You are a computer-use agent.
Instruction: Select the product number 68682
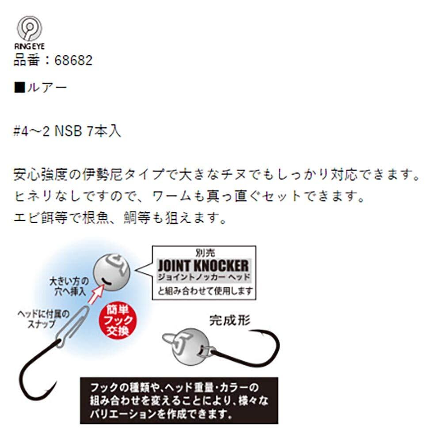[74, 61]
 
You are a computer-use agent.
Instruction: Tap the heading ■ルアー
[41, 87]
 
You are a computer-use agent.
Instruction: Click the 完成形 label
[229, 320]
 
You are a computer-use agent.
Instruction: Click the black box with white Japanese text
[179, 400]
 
